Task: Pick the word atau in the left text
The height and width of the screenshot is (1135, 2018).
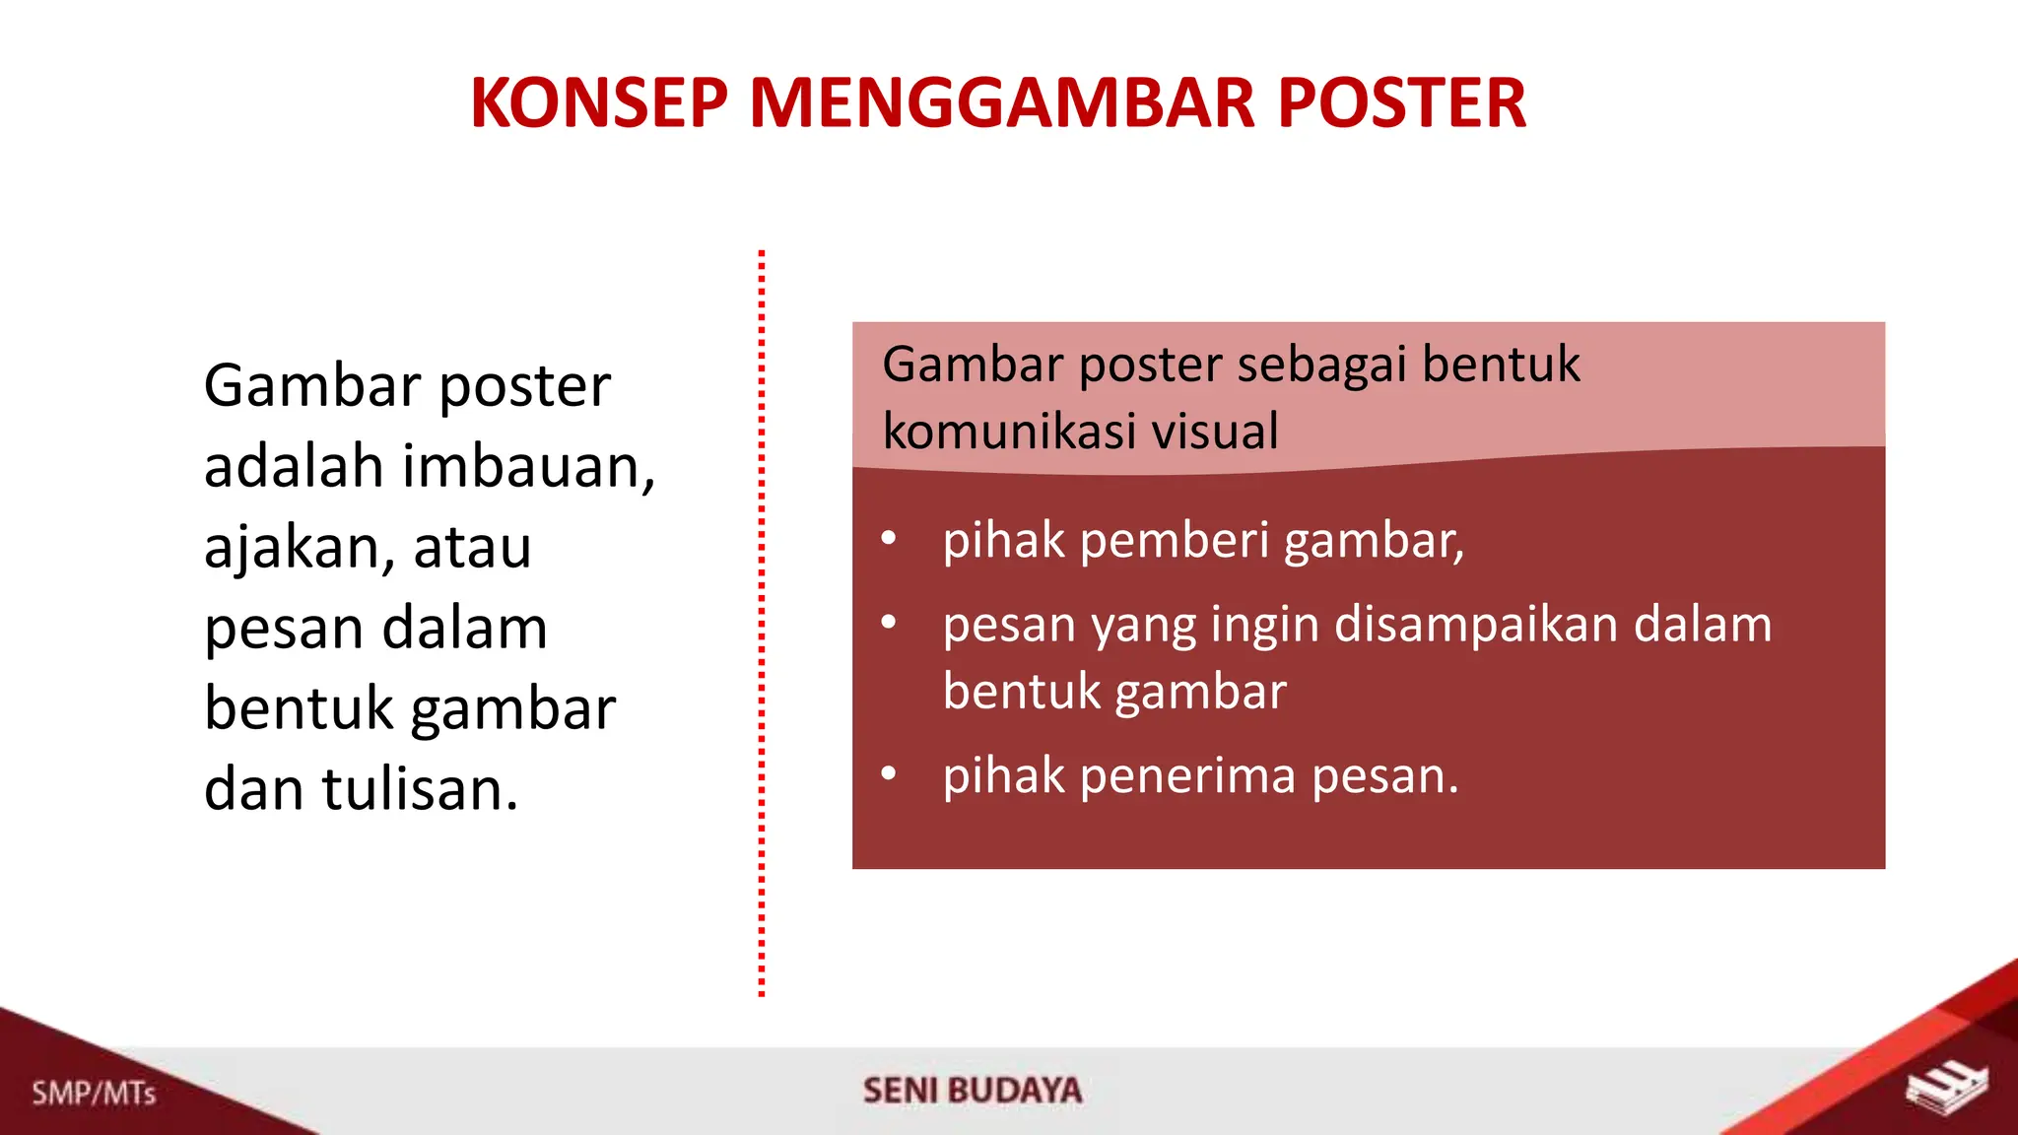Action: [472, 548]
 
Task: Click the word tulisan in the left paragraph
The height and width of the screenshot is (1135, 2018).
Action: [420, 790]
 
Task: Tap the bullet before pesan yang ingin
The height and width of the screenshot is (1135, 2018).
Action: [889, 623]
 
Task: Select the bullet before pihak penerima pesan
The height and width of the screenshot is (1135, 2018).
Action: [889, 774]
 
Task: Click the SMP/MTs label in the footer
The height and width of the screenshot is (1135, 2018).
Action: [94, 1094]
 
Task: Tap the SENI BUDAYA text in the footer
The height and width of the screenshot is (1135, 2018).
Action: [973, 1091]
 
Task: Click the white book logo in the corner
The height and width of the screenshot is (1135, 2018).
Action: [1946, 1089]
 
